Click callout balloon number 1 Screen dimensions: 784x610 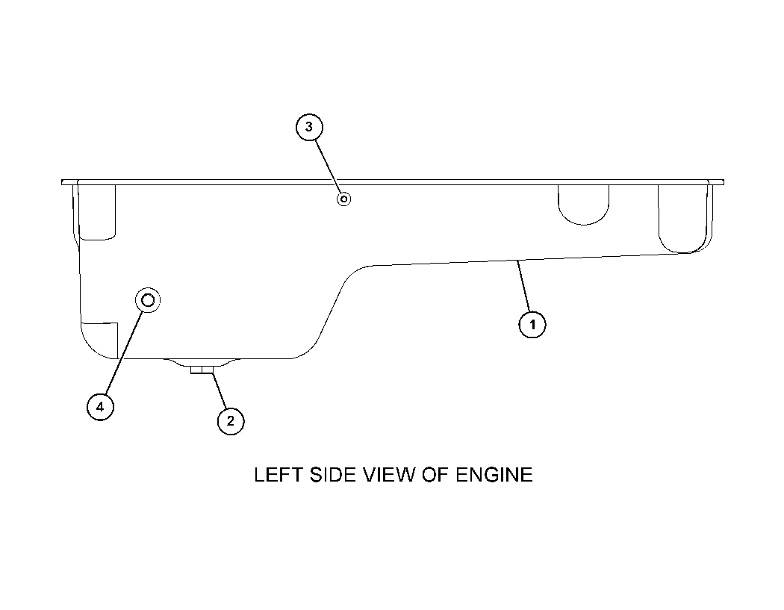(532, 325)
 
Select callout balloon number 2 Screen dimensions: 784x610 (231, 421)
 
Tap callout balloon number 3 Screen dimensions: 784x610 (309, 127)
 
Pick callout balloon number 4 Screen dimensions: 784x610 (100, 407)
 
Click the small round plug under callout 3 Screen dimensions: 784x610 (344, 199)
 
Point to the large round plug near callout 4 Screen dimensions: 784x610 (148, 300)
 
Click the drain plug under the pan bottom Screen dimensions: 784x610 (202, 370)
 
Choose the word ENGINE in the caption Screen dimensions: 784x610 (494, 475)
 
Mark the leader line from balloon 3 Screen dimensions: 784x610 (328, 166)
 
